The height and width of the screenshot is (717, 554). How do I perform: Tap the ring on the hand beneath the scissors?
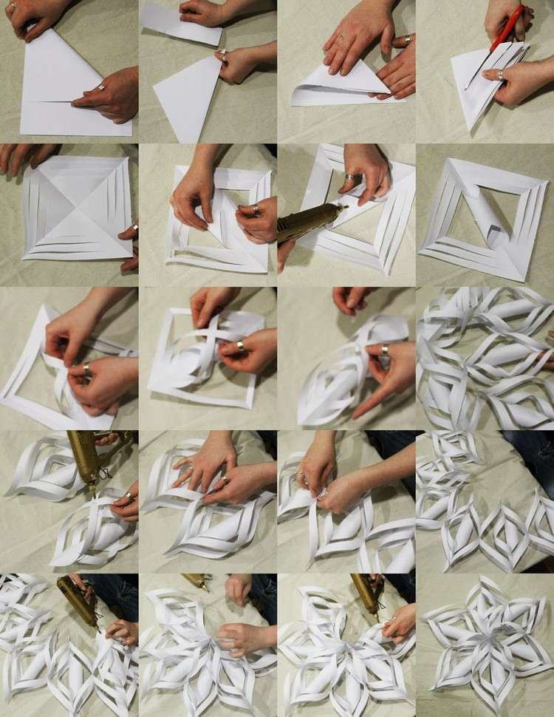click(501, 75)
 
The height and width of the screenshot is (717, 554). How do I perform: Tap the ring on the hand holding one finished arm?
click(385, 349)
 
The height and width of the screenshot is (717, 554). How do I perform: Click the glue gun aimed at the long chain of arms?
click(78, 599)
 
